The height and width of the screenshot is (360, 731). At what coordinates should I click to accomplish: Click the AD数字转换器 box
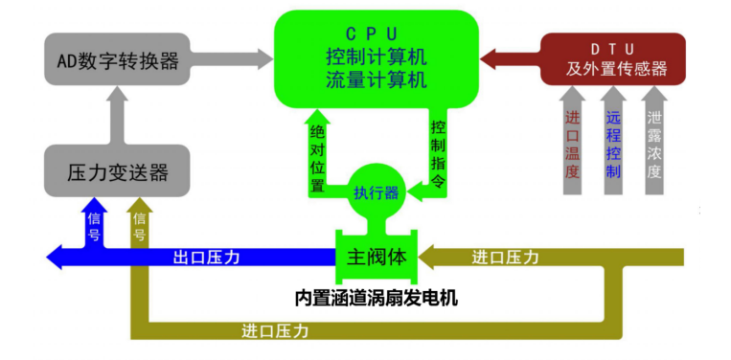point(117,59)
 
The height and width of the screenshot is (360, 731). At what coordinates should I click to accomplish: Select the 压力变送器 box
point(117,170)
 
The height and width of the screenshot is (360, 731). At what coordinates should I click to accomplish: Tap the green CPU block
point(376,58)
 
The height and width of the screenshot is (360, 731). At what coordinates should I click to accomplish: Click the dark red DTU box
point(612,59)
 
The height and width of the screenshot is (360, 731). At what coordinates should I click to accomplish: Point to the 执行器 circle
point(377,191)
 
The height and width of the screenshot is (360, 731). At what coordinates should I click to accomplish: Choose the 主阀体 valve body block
point(377,257)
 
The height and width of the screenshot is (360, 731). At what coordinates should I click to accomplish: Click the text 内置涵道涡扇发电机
point(377,298)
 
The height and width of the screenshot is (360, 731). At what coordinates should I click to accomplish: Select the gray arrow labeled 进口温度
point(572,140)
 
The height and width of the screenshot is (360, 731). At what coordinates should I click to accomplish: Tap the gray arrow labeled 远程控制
point(613,140)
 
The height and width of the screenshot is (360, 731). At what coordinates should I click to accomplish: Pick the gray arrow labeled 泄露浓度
point(654,140)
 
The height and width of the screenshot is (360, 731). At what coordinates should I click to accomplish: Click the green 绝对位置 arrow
point(317,154)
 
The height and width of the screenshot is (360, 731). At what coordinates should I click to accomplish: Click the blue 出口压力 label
point(206,258)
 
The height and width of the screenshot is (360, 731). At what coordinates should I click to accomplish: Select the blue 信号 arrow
point(94,223)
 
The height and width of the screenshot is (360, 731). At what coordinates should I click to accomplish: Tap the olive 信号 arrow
point(140,223)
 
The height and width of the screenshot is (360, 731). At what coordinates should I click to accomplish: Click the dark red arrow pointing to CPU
point(510,59)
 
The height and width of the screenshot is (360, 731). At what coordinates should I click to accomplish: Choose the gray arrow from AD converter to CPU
point(232,59)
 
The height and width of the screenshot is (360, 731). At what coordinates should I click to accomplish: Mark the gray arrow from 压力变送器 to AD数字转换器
point(117,115)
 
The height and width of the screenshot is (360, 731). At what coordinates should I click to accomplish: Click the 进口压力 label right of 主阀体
point(505,258)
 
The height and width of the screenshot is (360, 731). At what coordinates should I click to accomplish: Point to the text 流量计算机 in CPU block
point(376,79)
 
